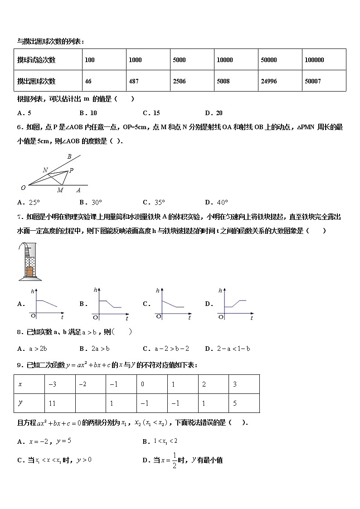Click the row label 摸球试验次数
point(36,60)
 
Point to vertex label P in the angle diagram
point(71,170)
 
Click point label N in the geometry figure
point(45,170)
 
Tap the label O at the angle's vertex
point(23,187)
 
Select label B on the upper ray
point(69,157)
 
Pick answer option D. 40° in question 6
point(216,202)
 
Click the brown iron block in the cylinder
point(30,271)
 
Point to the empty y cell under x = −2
point(90,403)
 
